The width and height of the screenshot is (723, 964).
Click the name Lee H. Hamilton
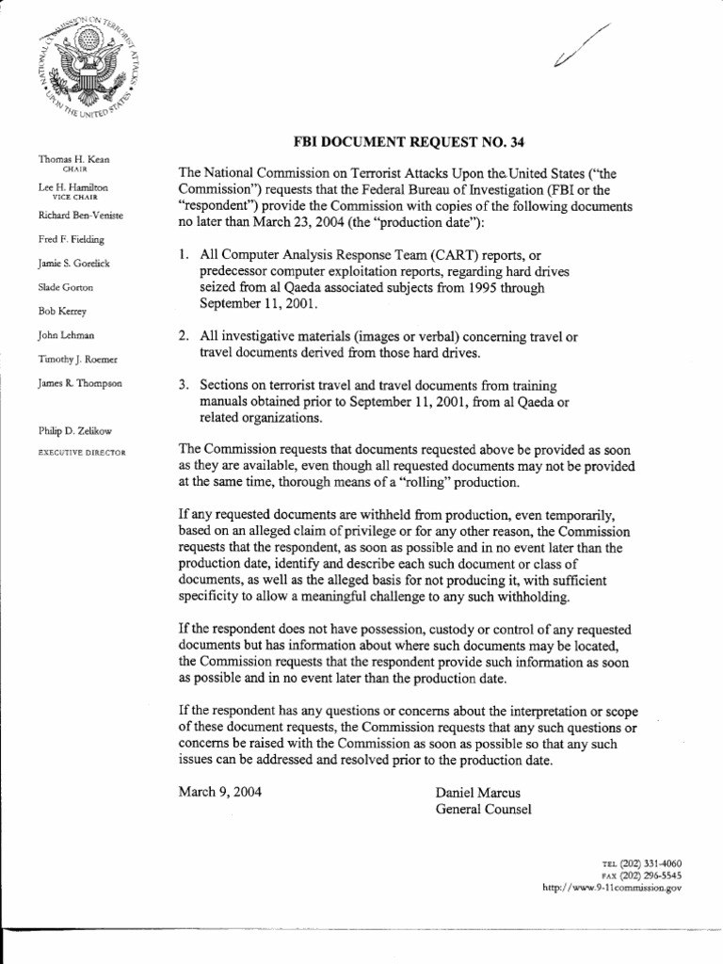click(x=73, y=188)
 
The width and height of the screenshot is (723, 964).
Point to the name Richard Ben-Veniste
click(x=80, y=216)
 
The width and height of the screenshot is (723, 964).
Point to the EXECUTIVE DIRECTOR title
click(x=81, y=453)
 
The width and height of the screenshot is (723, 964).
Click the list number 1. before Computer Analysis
click(x=184, y=255)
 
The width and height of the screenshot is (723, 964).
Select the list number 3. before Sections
click(x=184, y=385)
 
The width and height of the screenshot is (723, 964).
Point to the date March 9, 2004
click(x=220, y=792)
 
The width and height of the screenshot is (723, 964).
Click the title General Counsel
click(x=483, y=809)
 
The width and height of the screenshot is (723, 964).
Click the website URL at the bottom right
click(x=613, y=887)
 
